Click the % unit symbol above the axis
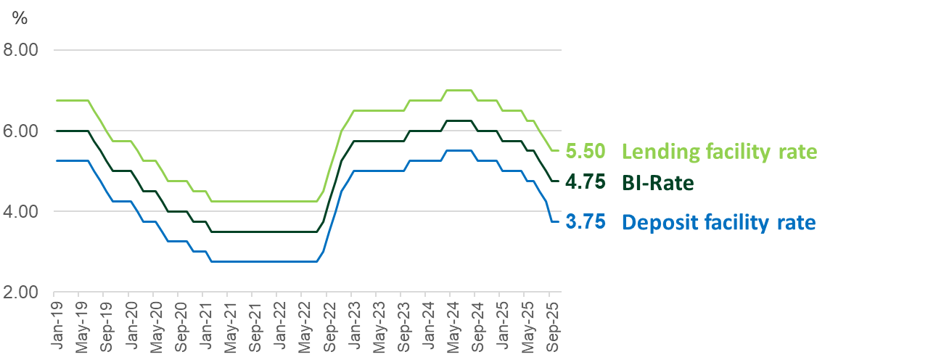point(19,18)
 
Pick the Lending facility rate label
point(719,152)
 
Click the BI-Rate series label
point(657,182)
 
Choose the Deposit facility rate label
point(718,222)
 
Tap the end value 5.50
point(585,152)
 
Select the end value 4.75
point(585,182)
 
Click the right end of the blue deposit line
point(557,221)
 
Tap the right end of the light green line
point(557,151)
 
